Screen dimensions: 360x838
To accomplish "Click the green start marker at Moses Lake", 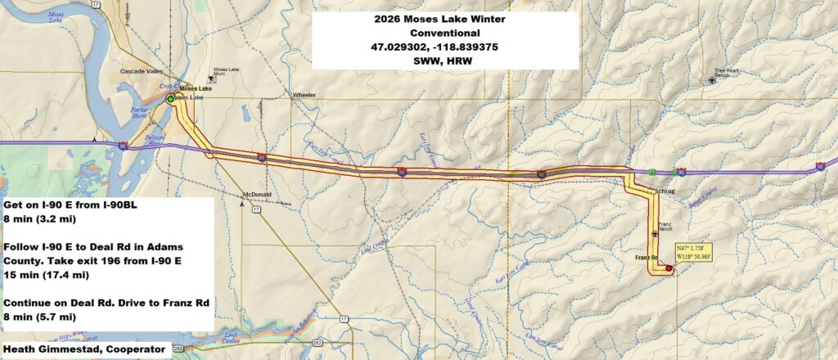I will pos(170,99).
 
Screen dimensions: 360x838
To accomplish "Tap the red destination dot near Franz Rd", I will pos(669,268).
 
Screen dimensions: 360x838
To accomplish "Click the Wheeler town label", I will pos(304,95).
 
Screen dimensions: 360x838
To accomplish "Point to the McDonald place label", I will pos(257,195).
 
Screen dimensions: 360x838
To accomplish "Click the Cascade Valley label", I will pos(136,70).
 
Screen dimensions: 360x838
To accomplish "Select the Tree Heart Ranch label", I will pos(730,73).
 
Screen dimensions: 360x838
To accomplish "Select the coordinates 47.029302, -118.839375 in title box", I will pos(422,47).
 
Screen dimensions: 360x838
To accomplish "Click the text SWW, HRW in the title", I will pos(422,61).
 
